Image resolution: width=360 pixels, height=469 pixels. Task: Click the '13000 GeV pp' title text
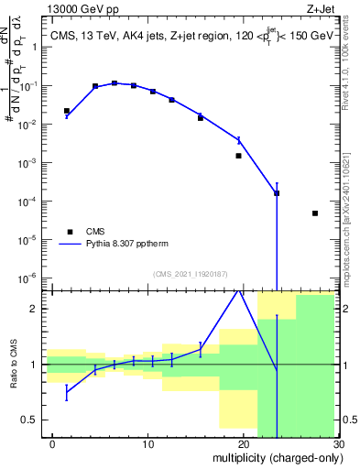tap(80, 8)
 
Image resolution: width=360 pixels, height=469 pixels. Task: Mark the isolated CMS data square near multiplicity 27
tap(314, 213)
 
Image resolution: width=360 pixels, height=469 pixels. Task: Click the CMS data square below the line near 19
tap(238, 156)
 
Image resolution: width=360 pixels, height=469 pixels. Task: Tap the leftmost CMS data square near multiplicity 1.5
tap(67, 111)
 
